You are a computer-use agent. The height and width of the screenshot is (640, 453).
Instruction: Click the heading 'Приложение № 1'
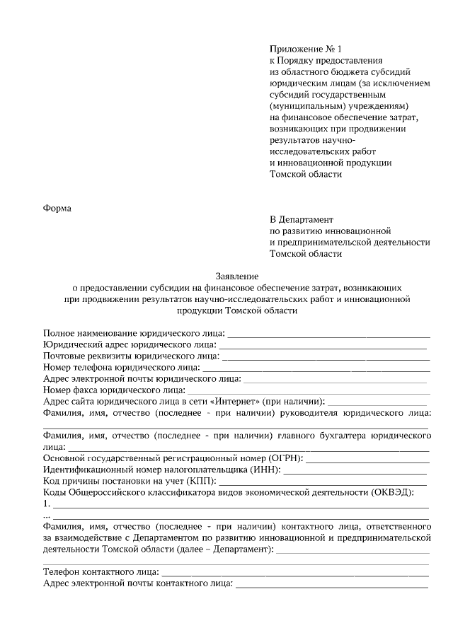click(x=305, y=49)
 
